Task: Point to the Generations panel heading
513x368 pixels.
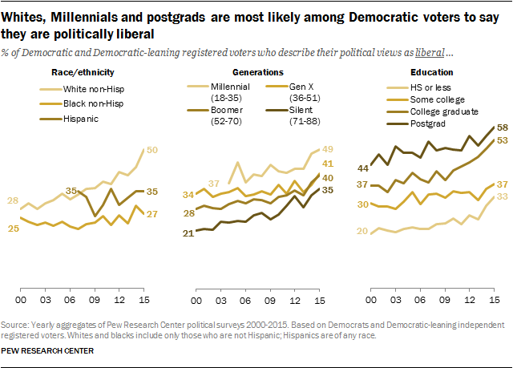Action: point(254,73)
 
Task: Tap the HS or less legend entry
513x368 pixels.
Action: point(414,86)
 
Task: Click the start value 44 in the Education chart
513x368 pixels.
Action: point(362,168)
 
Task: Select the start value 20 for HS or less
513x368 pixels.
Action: point(362,232)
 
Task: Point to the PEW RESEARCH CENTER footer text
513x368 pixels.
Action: point(48,351)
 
